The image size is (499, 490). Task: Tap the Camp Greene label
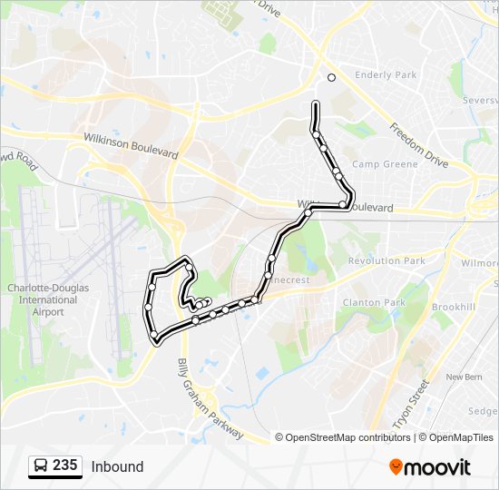[x=386, y=164]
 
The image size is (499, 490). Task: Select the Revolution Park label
[x=386, y=260]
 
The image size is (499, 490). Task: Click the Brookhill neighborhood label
[x=454, y=308]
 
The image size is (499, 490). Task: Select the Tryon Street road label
[x=411, y=404]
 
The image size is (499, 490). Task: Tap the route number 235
[x=64, y=465]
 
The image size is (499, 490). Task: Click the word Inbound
[x=117, y=466]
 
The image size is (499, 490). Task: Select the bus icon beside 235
[x=40, y=466]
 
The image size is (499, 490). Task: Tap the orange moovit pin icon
[x=396, y=467]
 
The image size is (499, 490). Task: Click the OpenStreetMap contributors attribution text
[x=347, y=437]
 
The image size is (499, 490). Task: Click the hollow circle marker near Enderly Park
[x=331, y=77]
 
